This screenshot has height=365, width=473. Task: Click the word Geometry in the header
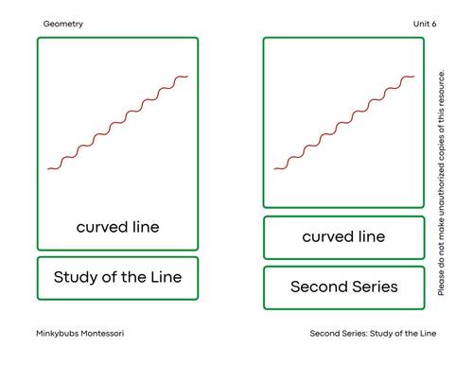click(x=63, y=24)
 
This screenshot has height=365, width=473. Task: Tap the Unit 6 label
click(x=424, y=24)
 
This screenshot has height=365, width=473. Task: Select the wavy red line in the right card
click(x=344, y=123)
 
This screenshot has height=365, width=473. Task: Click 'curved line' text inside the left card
click(x=117, y=227)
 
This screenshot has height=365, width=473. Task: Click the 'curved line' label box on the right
click(x=343, y=237)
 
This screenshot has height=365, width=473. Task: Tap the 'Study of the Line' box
click(x=117, y=278)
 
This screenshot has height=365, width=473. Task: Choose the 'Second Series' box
click(x=343, y=287)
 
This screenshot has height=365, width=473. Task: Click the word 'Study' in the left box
click(x=76, y=278)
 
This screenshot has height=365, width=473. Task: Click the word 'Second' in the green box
click(x=317, y=287)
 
